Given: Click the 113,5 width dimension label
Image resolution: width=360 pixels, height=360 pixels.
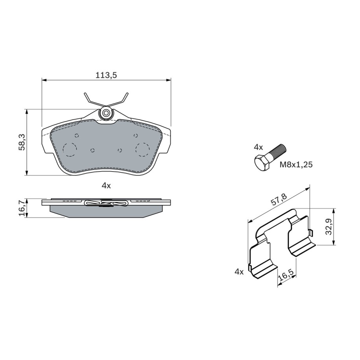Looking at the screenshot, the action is pos(106,75).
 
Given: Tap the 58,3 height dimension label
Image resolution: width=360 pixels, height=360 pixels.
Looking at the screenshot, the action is pos(22,142).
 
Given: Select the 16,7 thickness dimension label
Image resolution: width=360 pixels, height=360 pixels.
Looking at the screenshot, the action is pos(22,208).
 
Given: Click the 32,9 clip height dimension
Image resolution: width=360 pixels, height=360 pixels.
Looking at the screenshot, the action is pos(329,227).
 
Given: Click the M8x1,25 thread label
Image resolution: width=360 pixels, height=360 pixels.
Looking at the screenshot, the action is pos(296,164).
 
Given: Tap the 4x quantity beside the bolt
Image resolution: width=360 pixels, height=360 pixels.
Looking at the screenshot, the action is pos(258,147).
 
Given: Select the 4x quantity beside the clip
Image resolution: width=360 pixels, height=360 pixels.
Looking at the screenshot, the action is pos(239,272).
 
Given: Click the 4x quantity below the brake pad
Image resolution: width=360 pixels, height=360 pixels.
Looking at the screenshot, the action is pos(106,186).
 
